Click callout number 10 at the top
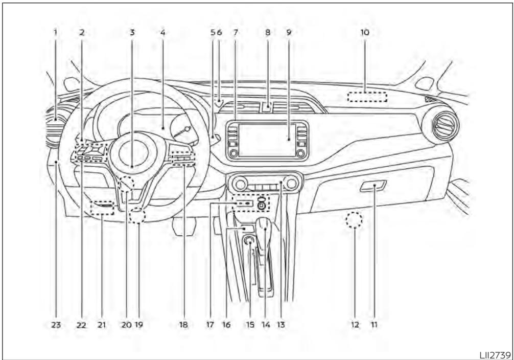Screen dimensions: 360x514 [365, 32]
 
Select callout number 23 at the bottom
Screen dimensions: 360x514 [56, 324]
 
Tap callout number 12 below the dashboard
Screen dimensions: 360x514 [354, 324]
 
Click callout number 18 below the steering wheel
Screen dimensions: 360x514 [184, 324]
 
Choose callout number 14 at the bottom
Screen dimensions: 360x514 [264, 324]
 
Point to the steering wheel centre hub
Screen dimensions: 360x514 [132, 153]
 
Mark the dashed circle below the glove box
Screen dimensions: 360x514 [354, 221]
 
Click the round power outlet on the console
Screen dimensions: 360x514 [250, 241]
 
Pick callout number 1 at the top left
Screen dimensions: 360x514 [56, 32]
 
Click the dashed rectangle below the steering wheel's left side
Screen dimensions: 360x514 [103, 208]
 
